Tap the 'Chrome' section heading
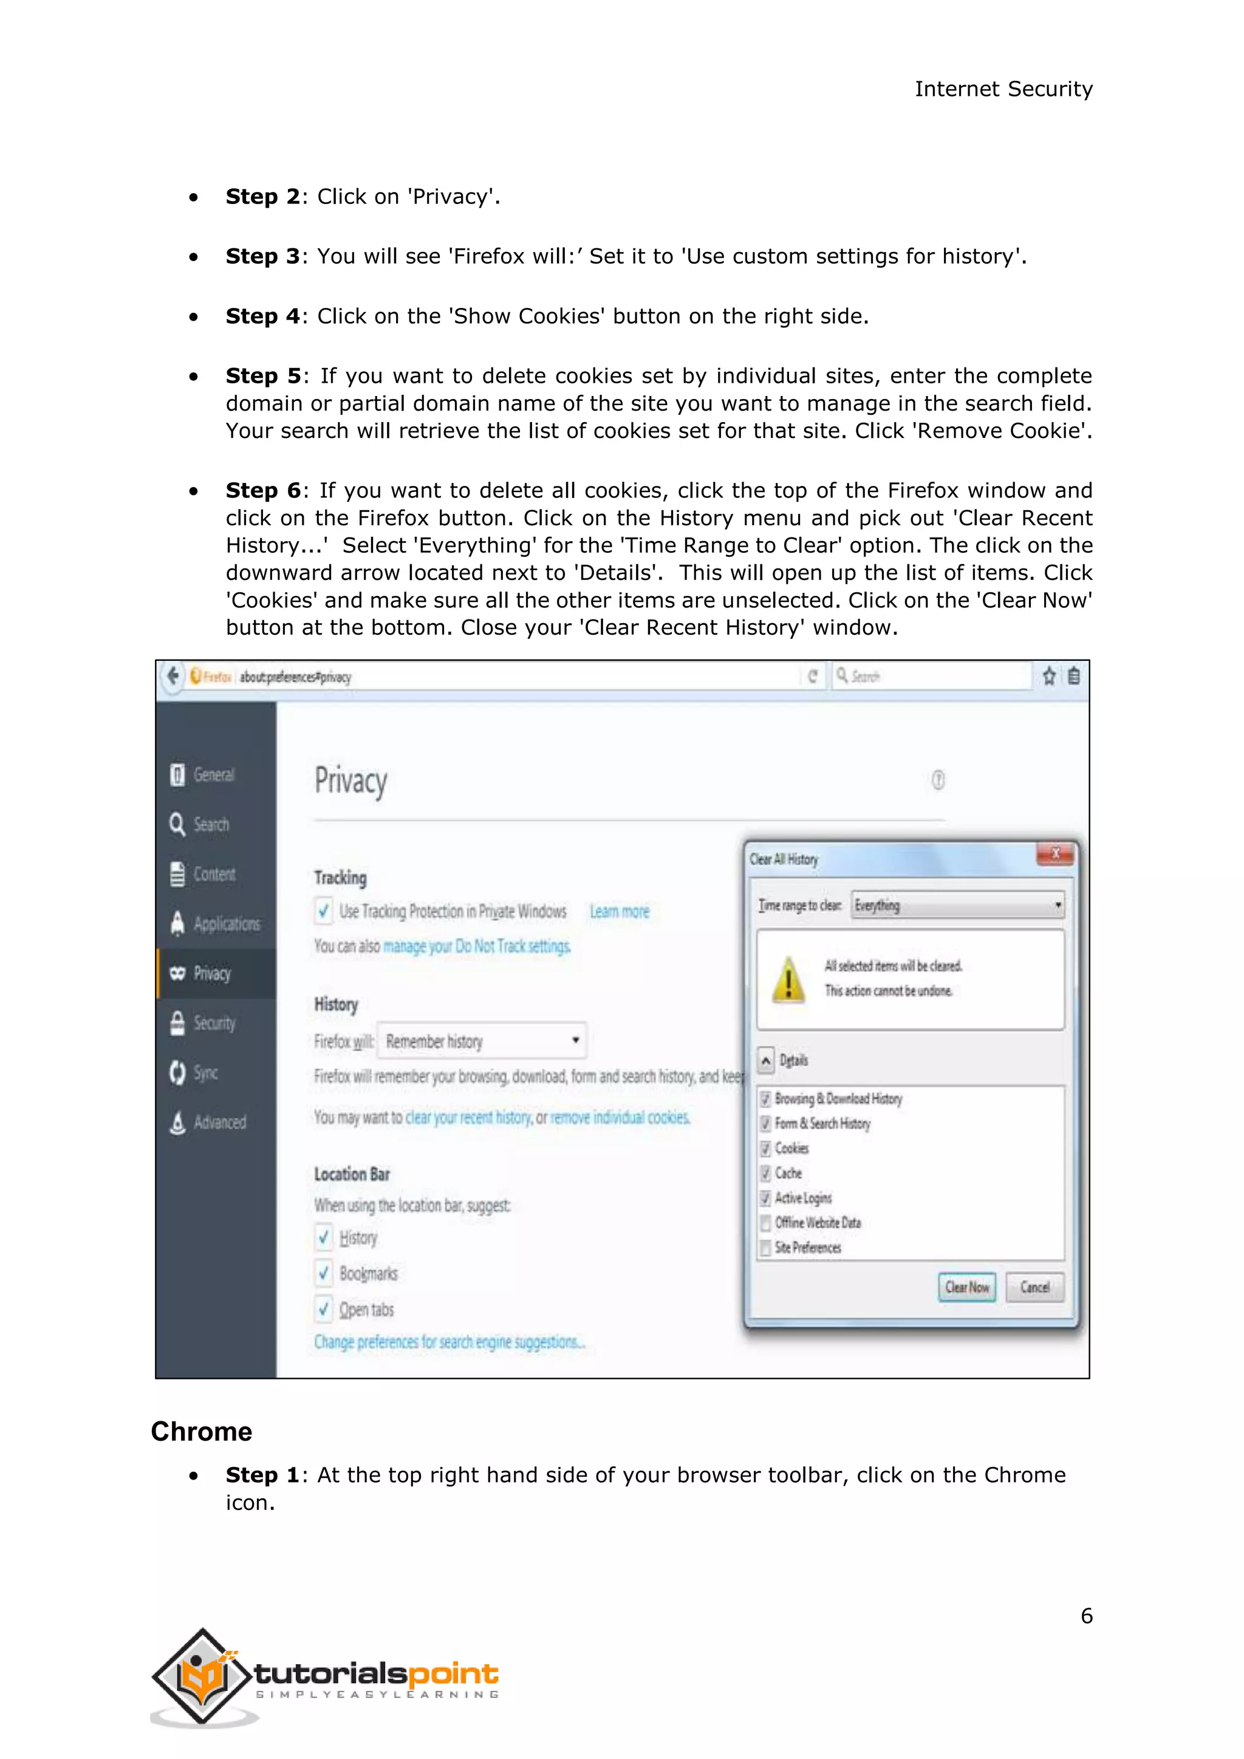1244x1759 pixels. [202, 1431]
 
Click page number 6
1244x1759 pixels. [1086, 1616]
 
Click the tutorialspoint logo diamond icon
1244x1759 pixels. [202, 1676]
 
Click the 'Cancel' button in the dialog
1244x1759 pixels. [1034, 1287]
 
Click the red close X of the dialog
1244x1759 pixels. [1055, 853]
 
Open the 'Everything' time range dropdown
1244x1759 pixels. [957, 906]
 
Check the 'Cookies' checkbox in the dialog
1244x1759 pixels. [765, 1149]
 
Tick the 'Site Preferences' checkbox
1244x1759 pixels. [765, 1248]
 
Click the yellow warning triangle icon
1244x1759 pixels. [788, 980]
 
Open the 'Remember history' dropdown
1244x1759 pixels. [482, 1041]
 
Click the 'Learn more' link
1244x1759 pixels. [619, 912]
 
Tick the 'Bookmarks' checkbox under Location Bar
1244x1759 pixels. [324, 1273]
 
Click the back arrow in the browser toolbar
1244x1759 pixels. [173, 675]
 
